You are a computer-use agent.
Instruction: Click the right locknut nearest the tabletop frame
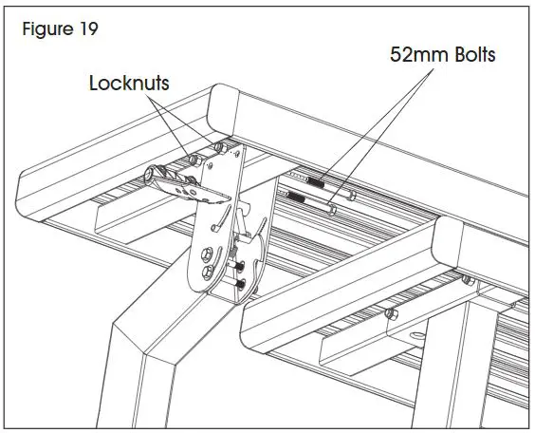tap(221, 147)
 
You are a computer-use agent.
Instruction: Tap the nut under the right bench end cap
tap(466, 277)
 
